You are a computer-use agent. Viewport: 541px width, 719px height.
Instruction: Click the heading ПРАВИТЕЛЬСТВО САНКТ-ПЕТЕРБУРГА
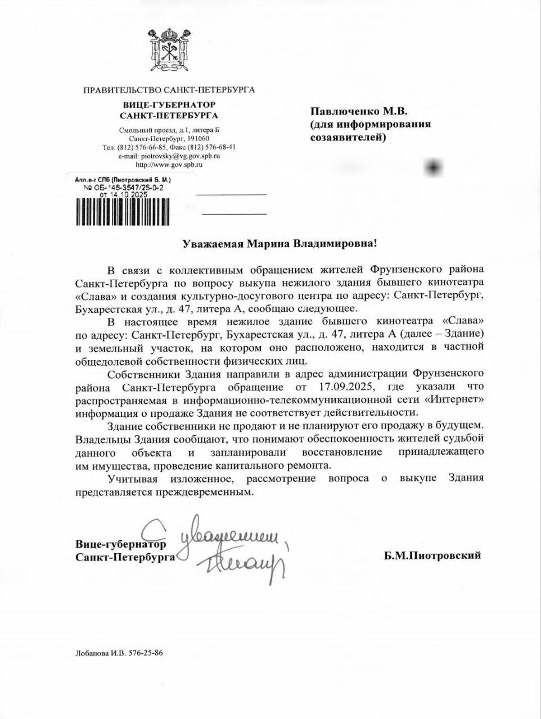(169, 90)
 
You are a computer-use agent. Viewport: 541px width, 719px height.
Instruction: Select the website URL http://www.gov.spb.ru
(169, 165)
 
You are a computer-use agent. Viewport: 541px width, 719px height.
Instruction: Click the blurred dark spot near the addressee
(434, 167)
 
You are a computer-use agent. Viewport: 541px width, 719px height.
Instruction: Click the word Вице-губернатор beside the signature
(120, 544)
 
